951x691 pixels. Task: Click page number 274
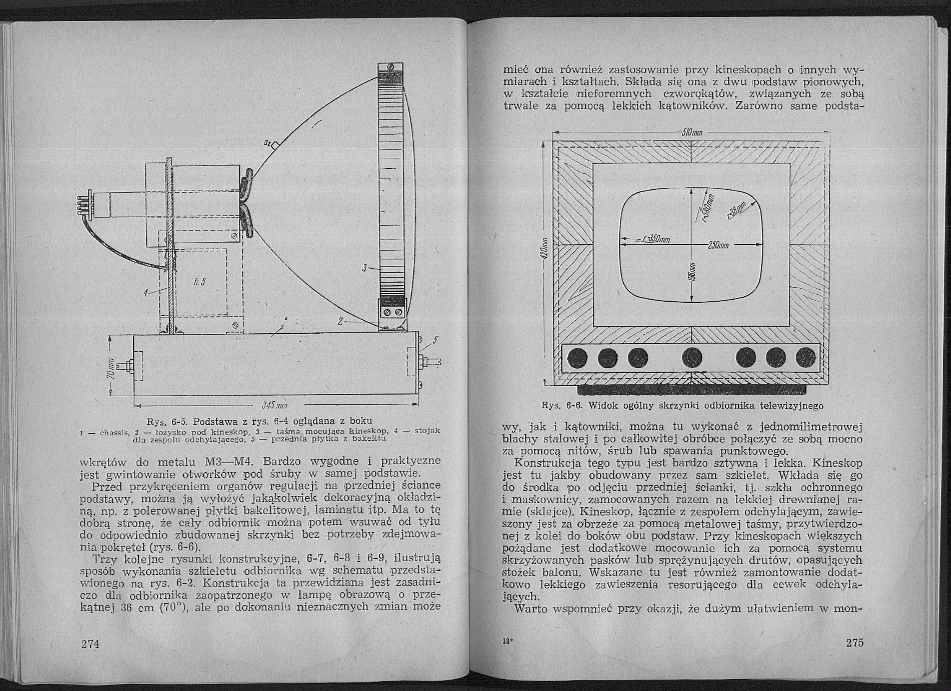pyautogui.click(x=90, y=655)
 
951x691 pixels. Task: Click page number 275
pyautogui.click(x=855, y=654)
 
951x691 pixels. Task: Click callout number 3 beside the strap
pyautogui.click(x=365, y=267)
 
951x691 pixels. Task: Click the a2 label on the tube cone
pyautogui.click(x=267, y=144)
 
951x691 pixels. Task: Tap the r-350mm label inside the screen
pyautogui.click(x=655, y=239)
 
